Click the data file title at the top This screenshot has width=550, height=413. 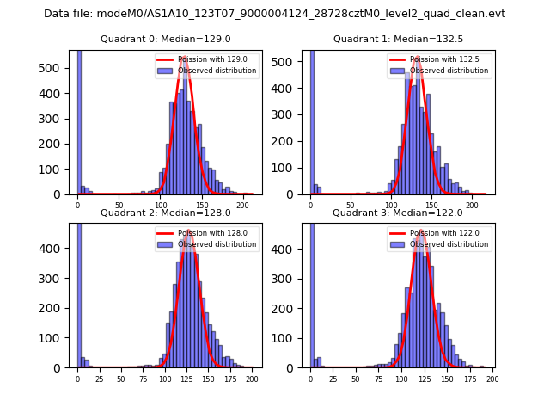pyautogui.click(x=274, y=14)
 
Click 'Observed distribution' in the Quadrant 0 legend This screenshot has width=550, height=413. pyautogui.click(x=217, y=71)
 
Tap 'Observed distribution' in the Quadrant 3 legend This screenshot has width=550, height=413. pyautogui.click(x=449, y=244)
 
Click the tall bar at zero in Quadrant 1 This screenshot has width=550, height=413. pyautogui.click(x=312, y=120)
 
